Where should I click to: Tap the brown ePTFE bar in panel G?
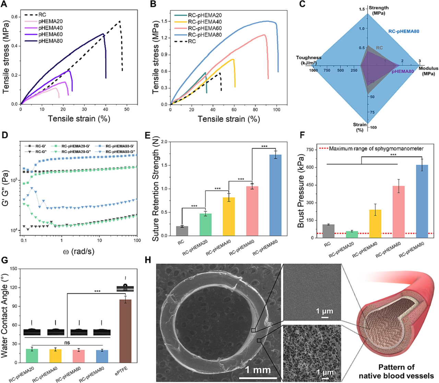(x=125, y=331)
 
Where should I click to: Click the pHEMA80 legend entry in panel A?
(x=50, y=41)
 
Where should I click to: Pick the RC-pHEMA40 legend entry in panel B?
(x=205, y=22)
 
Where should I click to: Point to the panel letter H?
(x=148, y=260)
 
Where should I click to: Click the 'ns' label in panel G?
(x=68, y=342)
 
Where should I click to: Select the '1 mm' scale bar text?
(x=258, y=370)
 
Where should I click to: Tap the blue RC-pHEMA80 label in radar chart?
(x=404, y=32)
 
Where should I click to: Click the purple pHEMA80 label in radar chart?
(x=403, y=71)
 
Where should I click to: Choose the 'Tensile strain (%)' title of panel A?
(x=79, y=119)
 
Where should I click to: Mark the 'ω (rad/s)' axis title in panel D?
(x=79, y=251)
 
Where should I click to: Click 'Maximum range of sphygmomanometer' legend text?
(x=376, y=148)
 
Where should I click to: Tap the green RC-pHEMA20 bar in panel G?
(x=32, y=356)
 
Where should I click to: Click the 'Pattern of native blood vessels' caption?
(x=396, y=371)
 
